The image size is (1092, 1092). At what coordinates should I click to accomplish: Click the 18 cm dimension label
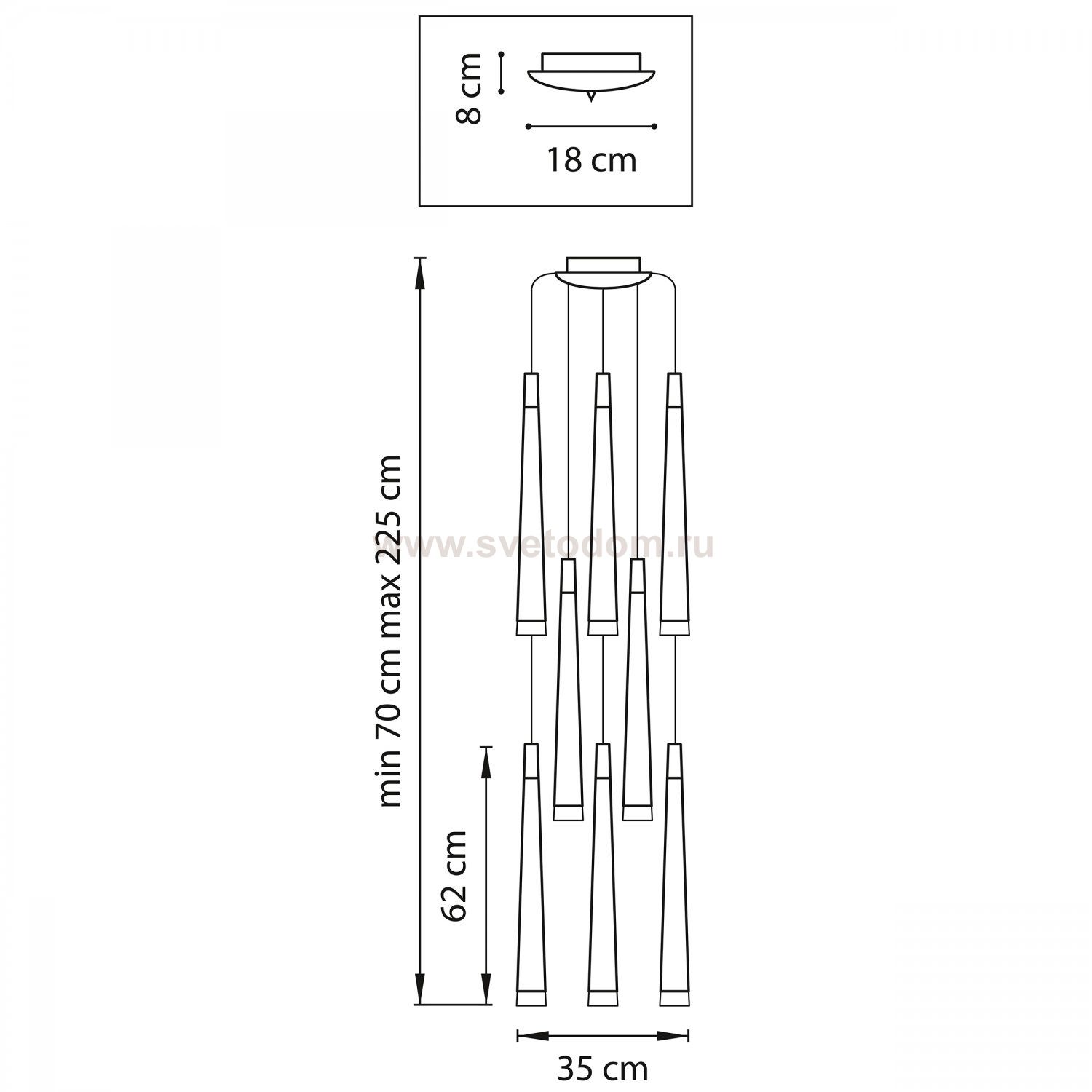coord(592,160)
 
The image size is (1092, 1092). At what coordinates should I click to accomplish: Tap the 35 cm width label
coord(603,1069)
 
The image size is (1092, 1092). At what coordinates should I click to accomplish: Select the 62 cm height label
coord(455,876)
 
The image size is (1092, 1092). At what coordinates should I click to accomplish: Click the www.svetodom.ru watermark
coord(545,545)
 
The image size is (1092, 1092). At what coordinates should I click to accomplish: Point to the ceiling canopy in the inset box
coord(591,73)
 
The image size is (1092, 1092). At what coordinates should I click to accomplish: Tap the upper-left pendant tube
coord(531,504)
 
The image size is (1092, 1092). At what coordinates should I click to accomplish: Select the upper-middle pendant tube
coord(603,504)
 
